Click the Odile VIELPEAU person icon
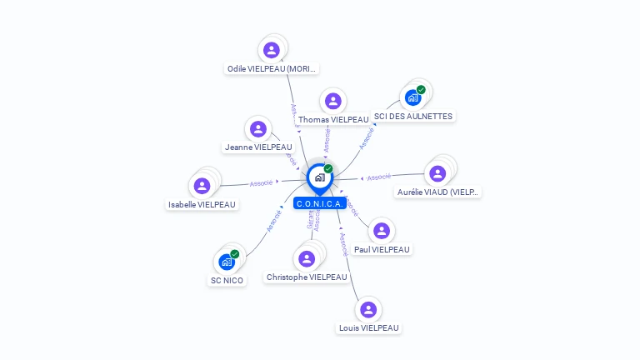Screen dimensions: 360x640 coord(271,50)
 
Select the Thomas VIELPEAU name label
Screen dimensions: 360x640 coord(333,119)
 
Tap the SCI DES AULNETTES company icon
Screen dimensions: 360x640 coord(412,97)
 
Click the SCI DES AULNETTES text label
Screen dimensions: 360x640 coord(413,117)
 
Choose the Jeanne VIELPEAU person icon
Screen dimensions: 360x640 coord(258,129)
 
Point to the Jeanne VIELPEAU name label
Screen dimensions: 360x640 coord(258,147)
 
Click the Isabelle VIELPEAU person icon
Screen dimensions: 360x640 coord(202,186)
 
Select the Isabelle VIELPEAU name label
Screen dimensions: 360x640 coord(202,205)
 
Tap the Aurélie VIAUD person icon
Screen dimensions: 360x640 coord(437,173)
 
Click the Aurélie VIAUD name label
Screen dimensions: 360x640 coord(438,192)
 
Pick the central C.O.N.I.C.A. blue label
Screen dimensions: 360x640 coord(320,203)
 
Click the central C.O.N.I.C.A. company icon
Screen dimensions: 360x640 coord(318,177)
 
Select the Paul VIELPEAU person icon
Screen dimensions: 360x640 coord(382,231)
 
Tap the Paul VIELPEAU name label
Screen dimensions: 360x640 coord(382,249)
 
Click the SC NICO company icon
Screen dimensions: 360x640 coord(227,262)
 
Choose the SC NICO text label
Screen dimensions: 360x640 coord(227,281)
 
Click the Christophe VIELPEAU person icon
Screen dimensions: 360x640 coord(307,258)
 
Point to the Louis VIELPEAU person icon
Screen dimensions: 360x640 coord(368,310)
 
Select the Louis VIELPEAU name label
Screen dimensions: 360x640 coord(368,328)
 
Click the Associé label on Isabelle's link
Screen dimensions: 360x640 coord(262,182)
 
